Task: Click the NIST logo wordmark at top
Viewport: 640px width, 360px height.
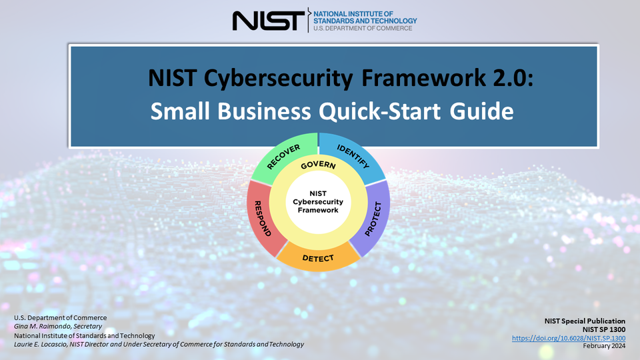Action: [x=267, y=20]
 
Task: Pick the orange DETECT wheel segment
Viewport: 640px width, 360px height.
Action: [x=318, y=257]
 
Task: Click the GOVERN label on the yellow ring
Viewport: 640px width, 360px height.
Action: [x=318, y=165]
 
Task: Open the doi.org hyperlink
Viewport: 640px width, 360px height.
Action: [x=569, y=338]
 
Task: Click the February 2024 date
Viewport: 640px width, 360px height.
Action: [x=604, y=346]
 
